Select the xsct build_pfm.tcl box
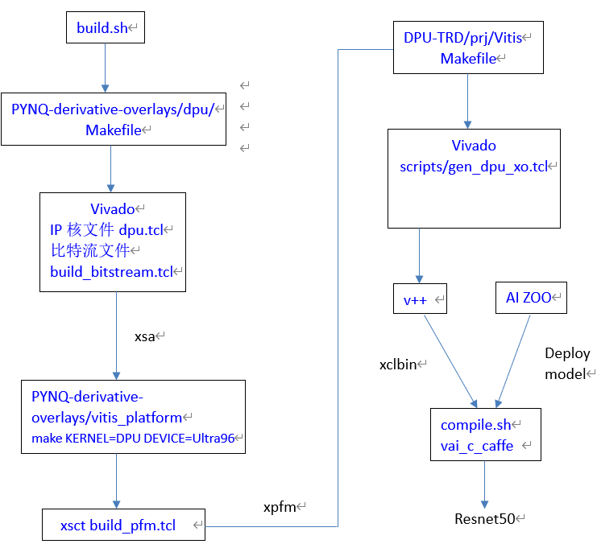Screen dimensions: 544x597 pos(123,525)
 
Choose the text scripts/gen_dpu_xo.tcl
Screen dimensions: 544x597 pos(474,167)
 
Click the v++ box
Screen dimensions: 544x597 pos(419,298)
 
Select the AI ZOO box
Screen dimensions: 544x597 pos(529,298)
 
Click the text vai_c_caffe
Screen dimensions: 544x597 pos(477,445)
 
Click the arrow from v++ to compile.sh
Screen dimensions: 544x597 pos(449,358)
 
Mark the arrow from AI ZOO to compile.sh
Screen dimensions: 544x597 pos(515,358)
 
